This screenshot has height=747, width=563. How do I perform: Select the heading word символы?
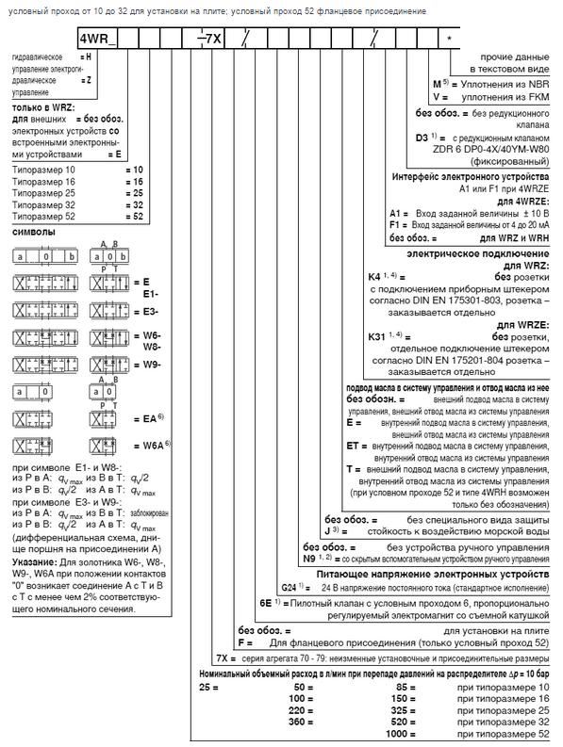point(34,231)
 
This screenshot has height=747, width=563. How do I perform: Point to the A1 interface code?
point(398,213)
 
